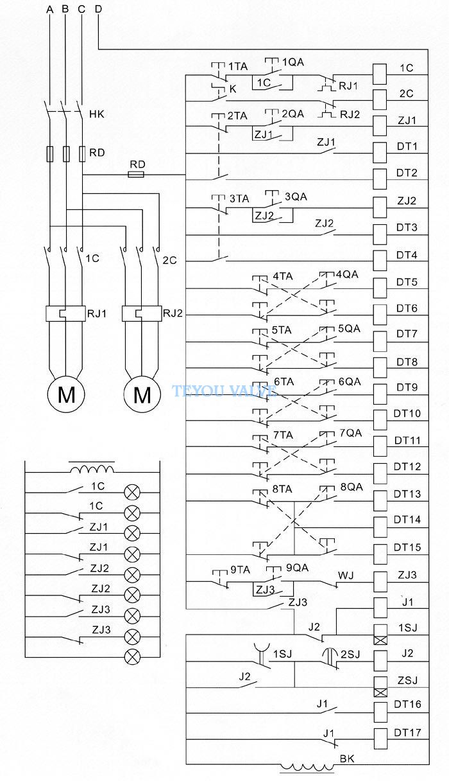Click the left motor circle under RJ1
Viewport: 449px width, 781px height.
coord(66,394)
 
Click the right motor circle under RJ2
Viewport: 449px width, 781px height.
coord(142,394)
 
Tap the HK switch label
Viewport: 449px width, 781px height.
coord(96,114)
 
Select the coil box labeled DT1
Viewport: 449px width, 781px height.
coord(380,152)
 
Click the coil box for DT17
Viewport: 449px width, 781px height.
coord(380,739)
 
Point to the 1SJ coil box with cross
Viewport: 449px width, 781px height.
coord(380,635)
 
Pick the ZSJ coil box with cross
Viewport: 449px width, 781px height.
coord(380,687)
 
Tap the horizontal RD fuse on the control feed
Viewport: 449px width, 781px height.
coord(136,174)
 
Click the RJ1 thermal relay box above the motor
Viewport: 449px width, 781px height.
coord(65,313)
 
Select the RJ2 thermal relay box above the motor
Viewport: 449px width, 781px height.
coord(142,313)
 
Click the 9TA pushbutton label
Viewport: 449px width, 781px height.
coord(241,570)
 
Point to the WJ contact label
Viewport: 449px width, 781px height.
coord(346,575)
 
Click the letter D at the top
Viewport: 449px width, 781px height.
coord(99,9)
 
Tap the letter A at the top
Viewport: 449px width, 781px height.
coord(50,10)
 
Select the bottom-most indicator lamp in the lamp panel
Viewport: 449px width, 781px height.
coord(132,657)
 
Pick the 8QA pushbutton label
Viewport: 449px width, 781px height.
coord(352,487)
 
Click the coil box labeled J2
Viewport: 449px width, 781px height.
coord(380,661)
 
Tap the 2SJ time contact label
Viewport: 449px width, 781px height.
coord(350,654)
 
